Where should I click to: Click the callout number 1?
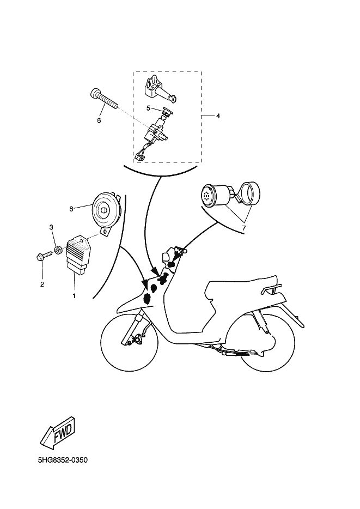74,296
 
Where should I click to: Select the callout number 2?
42,284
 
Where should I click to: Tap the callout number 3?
51,227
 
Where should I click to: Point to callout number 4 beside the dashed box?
218,116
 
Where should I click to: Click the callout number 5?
148,108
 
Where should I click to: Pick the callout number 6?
99,120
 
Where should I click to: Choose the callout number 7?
244,228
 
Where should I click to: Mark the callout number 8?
71,209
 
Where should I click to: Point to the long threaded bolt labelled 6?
102,99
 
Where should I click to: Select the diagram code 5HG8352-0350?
63,460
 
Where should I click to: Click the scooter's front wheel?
130,342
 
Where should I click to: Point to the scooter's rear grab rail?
271,288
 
